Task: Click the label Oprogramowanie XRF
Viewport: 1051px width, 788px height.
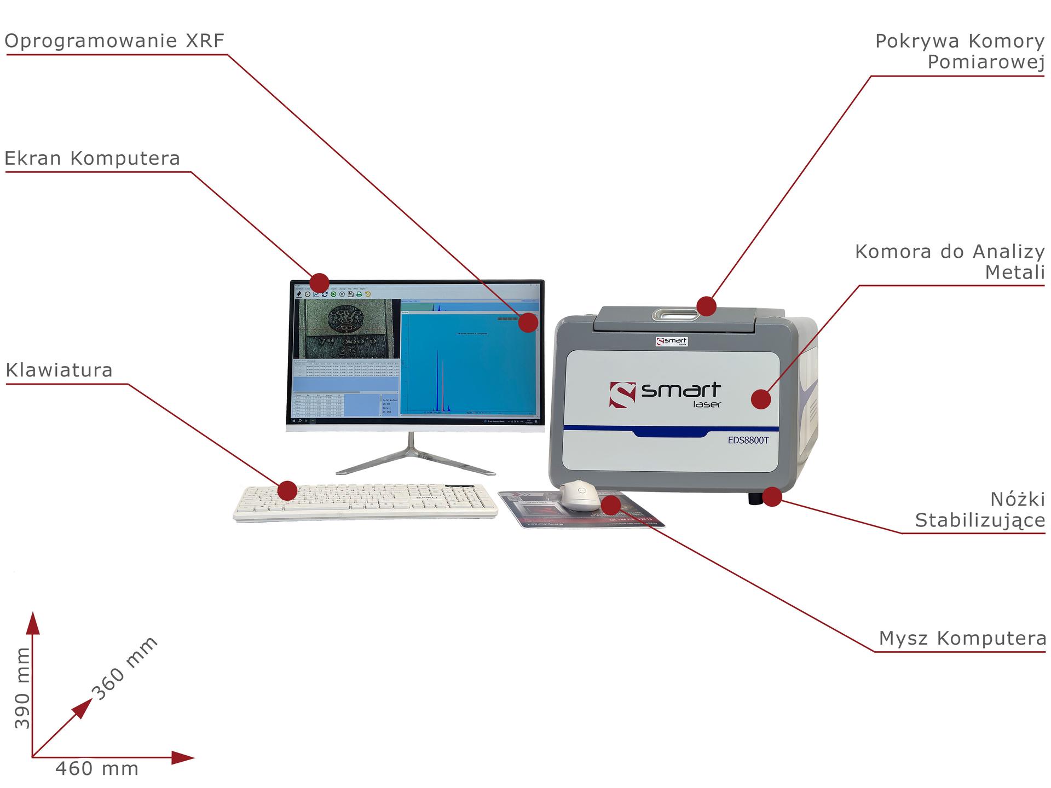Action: point(114,41)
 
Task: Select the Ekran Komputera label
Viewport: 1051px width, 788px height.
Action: point(92,159)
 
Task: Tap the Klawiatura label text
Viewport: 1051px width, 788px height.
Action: point(59,370)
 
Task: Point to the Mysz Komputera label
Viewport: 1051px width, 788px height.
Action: point(962,639)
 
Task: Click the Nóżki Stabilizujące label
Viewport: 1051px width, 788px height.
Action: point(980,510)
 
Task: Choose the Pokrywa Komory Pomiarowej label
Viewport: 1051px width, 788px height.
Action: point(960,51)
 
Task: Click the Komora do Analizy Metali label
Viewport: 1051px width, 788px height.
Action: point(950,262)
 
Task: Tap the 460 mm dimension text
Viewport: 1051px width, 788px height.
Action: point(97,769)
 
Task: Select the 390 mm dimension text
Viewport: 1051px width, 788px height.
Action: point(22,688)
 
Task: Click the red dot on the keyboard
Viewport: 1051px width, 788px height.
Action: point(287,490)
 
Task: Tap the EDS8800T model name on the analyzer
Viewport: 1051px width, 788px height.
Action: point(748,440)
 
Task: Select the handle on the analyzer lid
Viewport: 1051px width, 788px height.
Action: point(675,314)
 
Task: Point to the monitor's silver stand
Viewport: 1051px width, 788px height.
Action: point(415,459)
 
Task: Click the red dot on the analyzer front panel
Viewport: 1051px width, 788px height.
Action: point(761,399)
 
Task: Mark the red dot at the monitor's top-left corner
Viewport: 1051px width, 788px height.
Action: point(319,283)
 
